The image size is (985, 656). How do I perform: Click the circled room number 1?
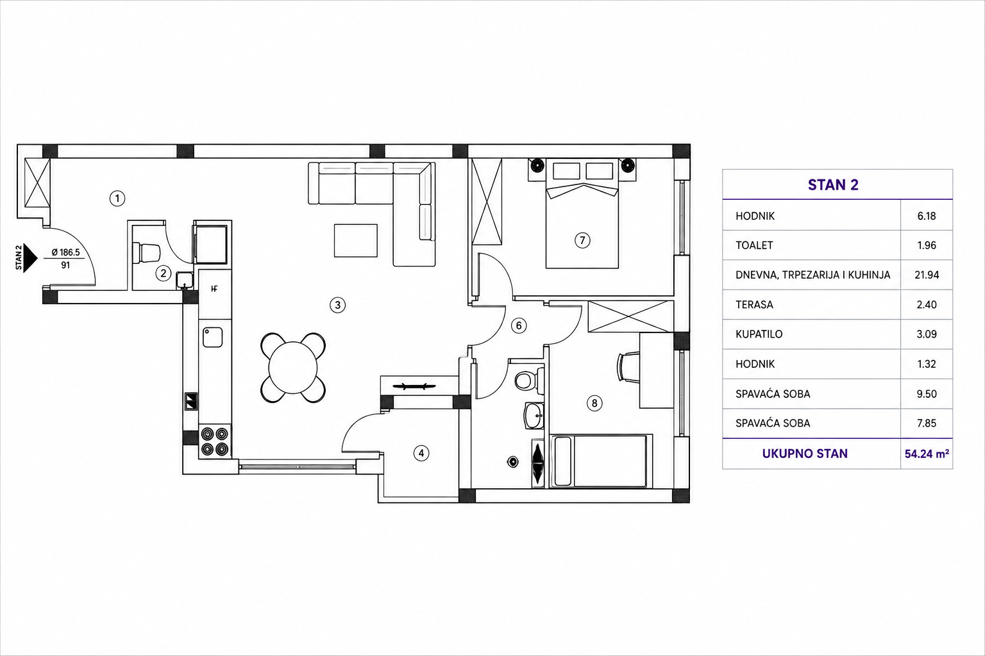tap(117, 199)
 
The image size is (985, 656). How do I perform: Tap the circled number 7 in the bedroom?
tap(582, 240)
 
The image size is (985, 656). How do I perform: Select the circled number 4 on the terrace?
tap(421, 453)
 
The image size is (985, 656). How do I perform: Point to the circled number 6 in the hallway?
tap(519, 325)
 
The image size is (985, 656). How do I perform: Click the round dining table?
tap(293, 368)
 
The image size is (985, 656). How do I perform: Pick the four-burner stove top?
tap(215, 441)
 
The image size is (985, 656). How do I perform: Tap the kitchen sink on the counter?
tap(212, 337)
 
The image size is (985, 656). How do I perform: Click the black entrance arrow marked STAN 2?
tap(30, 258)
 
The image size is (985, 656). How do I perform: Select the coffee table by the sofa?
tap(356, 240)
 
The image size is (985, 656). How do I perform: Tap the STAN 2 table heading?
tap(833, 185)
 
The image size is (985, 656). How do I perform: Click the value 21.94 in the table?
tap(927, 275)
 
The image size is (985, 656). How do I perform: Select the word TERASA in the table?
tap(754, 304)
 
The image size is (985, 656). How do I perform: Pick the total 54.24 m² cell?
tap(927, 454)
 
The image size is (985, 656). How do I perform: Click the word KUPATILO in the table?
tap(759, 334)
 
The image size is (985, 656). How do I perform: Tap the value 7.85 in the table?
tap(927, 423)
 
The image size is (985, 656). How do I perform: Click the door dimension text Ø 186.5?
tap(65, 252)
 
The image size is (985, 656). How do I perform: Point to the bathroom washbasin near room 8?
tap(534, 415)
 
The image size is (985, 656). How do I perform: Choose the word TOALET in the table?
tap(754, 245)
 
